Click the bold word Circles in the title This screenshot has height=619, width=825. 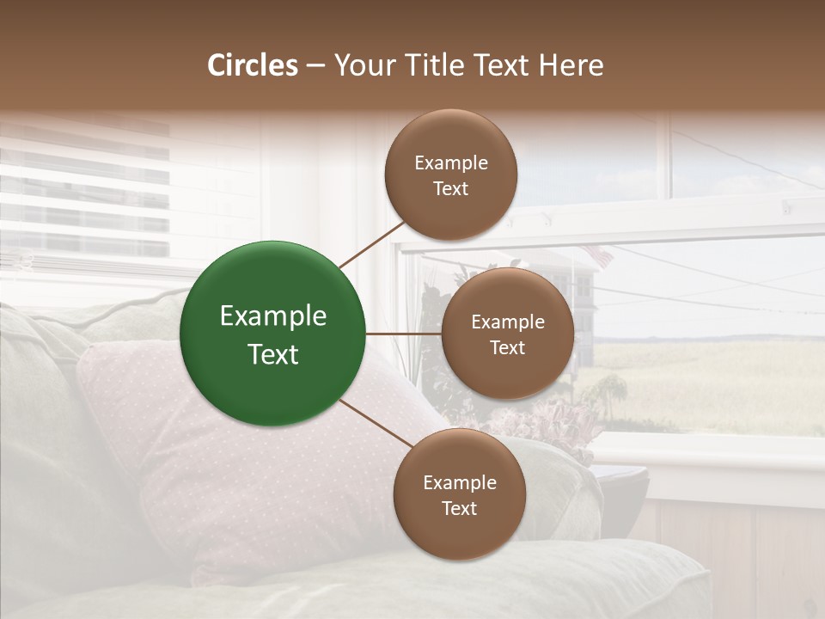[x=252, y=65]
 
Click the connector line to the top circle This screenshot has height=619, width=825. [x=372, y=244]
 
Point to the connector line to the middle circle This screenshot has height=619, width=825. [x=404, y=334]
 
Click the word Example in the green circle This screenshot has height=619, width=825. [x=273, y=316]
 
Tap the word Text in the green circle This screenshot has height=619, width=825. [x=273, y=354]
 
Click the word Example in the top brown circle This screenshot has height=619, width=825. [x=451, y=162]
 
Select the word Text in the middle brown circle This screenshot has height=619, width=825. [x=508, y=347]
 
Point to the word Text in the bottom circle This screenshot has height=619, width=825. [x=460, y=508]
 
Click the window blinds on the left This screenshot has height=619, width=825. [x=86, y=198]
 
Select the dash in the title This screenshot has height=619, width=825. [x=315, y=65]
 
